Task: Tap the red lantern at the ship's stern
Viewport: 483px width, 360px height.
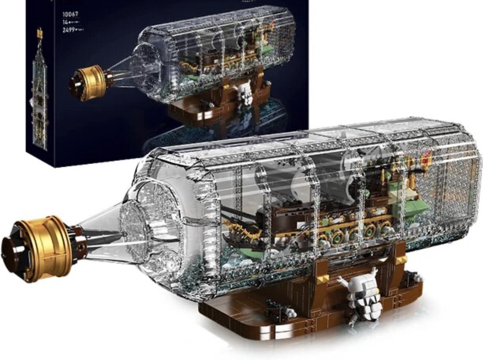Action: pyautogui.click(x=426, y=160)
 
